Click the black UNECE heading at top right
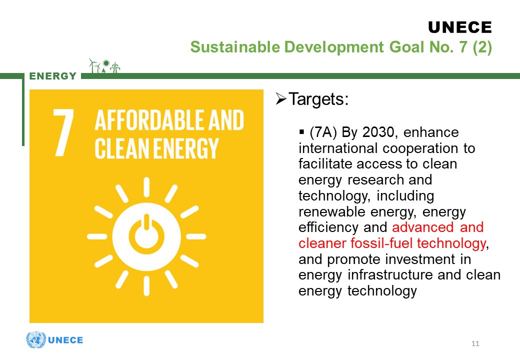point(460,27)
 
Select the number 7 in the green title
point(463,47)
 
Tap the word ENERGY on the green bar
point(53,76)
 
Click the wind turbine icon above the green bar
point(94,65)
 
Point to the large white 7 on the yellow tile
point(63,132)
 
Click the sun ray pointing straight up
point(146,187)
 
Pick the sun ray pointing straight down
point(146,286)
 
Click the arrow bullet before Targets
point(281,99)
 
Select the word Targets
point(318,99)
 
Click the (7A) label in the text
point(323,132)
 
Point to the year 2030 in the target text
point(378,132)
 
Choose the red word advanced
point(423,227)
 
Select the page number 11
point(475,344)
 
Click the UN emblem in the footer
point(36,340)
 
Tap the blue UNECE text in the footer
point(65,340)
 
